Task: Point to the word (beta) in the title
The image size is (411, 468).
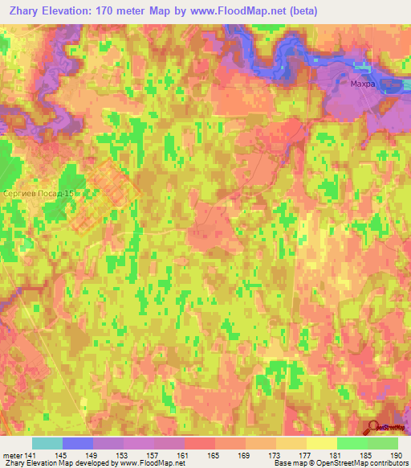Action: click(x=303, y=11)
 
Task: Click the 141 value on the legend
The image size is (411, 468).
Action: click(x=31, y=454)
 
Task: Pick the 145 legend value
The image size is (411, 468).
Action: click(x=62, y=454)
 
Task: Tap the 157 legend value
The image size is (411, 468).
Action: click(x=153, y=454)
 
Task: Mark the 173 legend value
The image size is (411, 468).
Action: click(x=276, y=454)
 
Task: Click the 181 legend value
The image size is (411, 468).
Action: click(x=337, y=454)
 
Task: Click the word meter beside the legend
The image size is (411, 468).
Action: click(x=12, y=454)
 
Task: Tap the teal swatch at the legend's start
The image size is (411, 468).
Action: click(x=47, y=443)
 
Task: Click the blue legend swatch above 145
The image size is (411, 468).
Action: click(x=78, y=443)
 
